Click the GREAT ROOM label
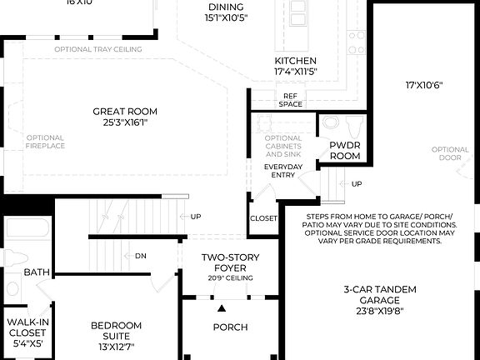tap(125, 112)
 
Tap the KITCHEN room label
tap(296, 62)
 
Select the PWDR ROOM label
tap(344, 150)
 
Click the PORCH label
tap(231, 327)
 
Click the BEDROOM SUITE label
tap(115, 331)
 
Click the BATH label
tap(36, 272)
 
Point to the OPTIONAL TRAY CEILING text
tap(97, 49)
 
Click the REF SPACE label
tap(291, 99)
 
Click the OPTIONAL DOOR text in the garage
tap(450, 155)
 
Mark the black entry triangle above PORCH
tap(222, 308)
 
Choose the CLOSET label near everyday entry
tap(263, 219)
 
